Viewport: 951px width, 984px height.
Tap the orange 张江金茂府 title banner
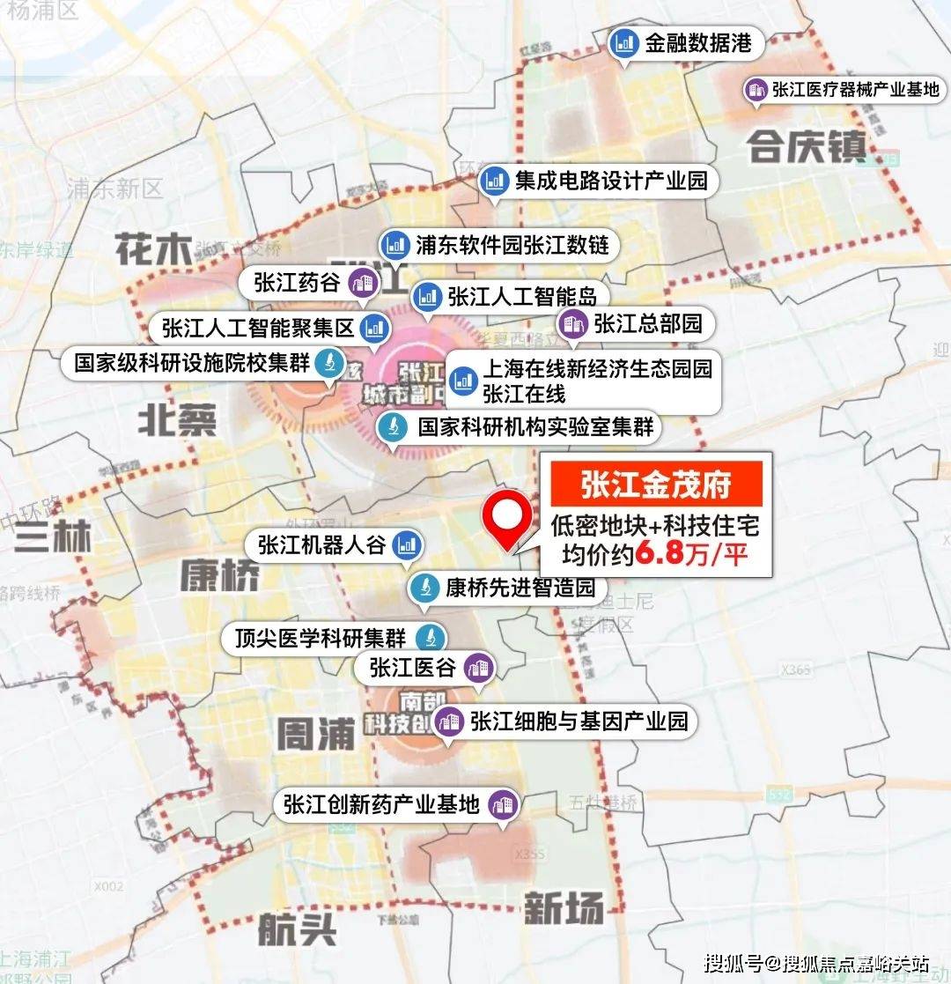[656, 484]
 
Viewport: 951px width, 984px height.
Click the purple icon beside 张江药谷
[361, 283]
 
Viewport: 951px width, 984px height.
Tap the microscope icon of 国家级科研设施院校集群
[328, 362]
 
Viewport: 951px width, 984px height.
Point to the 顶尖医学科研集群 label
[320, 638]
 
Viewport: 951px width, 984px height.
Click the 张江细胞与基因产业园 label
[579, 721]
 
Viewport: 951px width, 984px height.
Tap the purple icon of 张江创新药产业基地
[504, 803]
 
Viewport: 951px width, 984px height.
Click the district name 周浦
[315, 733]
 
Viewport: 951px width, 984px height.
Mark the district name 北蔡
[176, 423]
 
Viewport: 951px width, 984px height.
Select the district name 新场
[564, 907]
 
